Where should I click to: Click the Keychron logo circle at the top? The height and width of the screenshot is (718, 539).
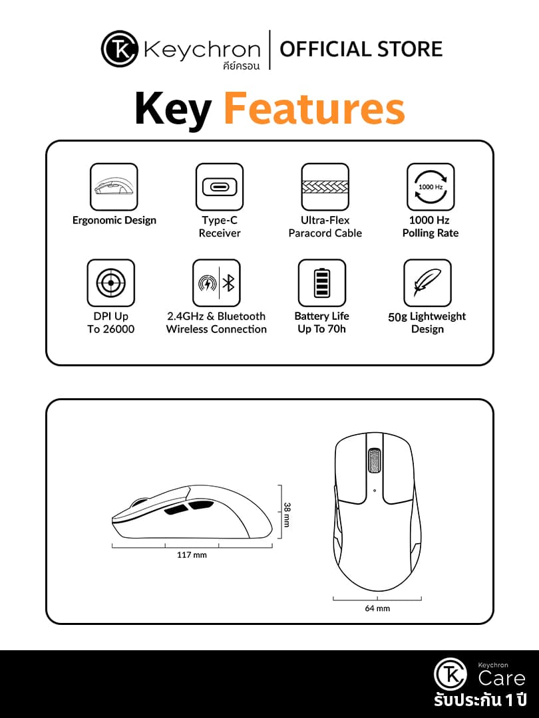[x=119, y=49]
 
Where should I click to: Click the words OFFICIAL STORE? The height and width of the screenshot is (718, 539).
[x=361, y=49]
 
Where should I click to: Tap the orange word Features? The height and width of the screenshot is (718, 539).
[x=314, y=109]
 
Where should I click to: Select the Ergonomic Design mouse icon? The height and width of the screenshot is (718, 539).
[x=114, y=187]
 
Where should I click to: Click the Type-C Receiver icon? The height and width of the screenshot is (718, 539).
[x=220, y=187]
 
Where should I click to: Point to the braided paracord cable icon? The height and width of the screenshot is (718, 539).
[x=325, y=187]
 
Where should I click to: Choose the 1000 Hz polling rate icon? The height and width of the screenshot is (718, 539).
[x=431, y=187]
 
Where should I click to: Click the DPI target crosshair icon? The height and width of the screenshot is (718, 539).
[x=111, y=283]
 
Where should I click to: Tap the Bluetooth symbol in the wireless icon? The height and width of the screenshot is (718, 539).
[x=229, y=283]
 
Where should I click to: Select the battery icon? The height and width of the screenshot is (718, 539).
[x=322, y=283]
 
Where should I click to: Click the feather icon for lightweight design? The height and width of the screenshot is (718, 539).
[x=427, y=283]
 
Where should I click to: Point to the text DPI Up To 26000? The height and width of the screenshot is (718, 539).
[x=111, y=323]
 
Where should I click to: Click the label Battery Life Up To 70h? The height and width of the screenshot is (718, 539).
[x=322, y=323]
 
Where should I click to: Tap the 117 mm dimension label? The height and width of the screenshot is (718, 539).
[x=192, y=555]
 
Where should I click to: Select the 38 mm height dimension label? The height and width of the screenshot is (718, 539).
[x=287, y=515]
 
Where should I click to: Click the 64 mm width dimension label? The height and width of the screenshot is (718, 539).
[x=377, y=608]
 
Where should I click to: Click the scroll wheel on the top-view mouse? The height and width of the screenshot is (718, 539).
[x=375, y=460]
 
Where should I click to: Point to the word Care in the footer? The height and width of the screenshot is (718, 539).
[x=502, y=679]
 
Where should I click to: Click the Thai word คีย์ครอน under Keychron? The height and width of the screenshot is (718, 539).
[x=241, y=66]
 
